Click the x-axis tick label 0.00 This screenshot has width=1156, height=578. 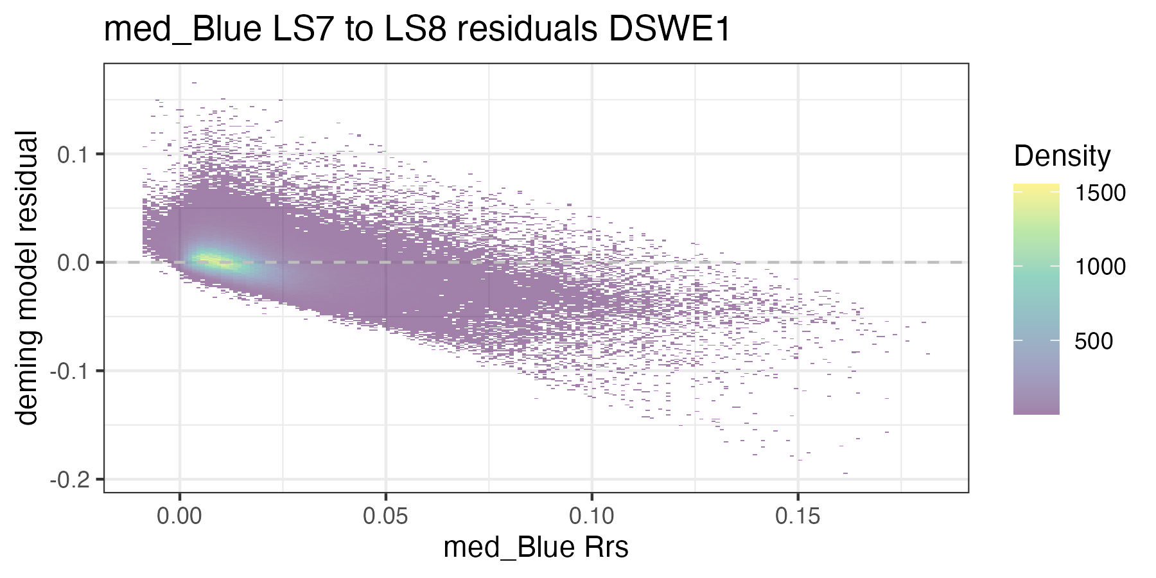tap(179, 516)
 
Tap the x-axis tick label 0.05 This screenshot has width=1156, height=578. tap(385, 516)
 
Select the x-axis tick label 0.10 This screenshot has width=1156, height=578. tap(591, 516)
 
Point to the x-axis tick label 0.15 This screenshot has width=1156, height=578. tap(798, 516)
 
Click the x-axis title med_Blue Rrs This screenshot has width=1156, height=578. tap(536, 548)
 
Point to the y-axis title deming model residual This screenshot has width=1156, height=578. tap(27, 277)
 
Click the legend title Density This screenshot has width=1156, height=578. tap(1062, 156)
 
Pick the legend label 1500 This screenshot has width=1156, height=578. tap(1100, 193)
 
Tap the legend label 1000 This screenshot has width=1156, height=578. tap(1100, 267)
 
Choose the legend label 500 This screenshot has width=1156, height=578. tap(1094, 341)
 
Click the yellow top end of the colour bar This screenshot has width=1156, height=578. tap(1036, 188)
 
